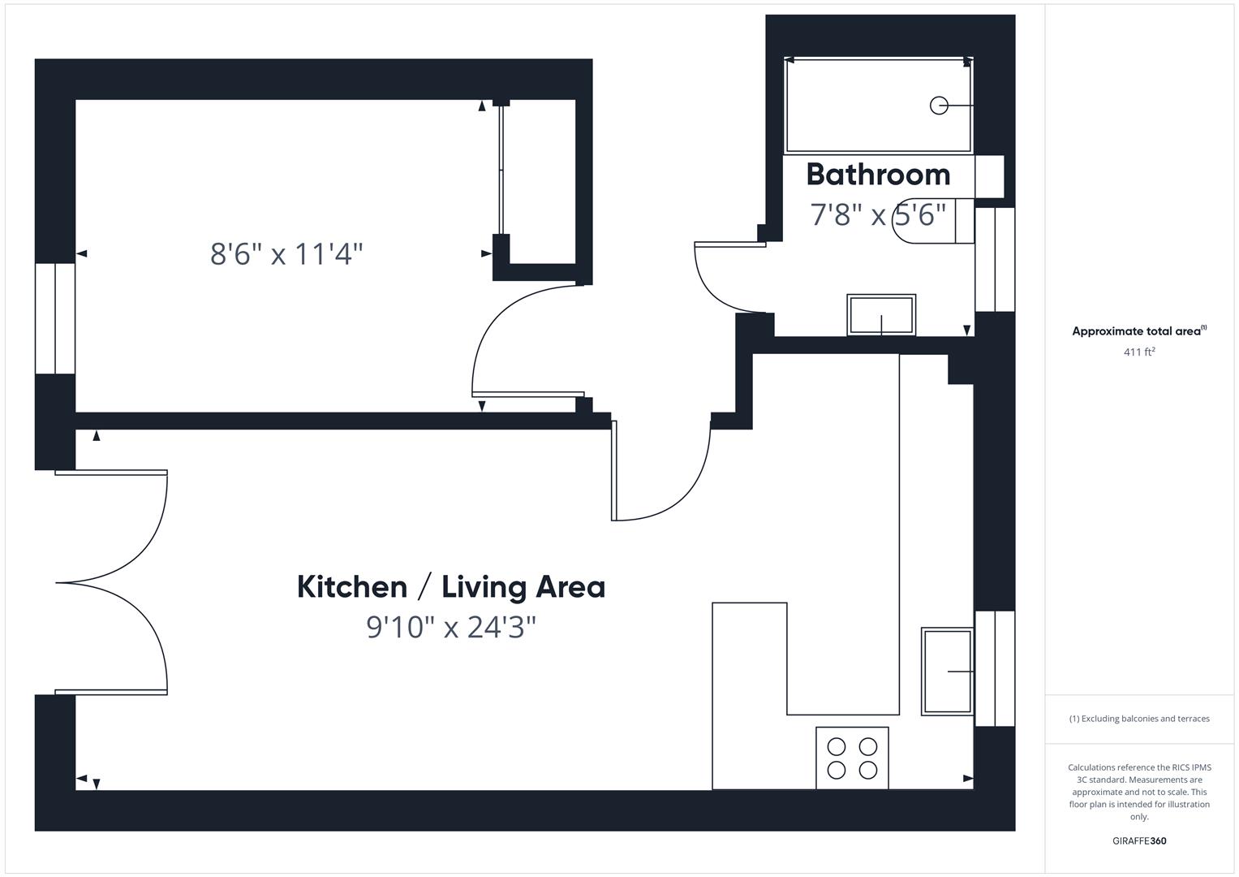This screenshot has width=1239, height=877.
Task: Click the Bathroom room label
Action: point(878,175)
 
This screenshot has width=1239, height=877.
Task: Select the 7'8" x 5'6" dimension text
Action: point(878,215)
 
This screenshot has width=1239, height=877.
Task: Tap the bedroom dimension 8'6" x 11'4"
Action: point(286,254)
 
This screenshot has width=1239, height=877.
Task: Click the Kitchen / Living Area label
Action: point(451,587)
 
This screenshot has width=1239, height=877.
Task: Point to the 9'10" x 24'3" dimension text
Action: point(451,628)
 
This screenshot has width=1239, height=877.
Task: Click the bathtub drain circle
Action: point(939,106)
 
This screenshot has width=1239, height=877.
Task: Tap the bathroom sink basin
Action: point(881,315)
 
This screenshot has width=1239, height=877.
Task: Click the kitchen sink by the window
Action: point(947,672)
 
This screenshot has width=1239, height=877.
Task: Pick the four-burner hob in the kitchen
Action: point(852,758)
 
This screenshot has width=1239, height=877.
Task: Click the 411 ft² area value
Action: point(1139,352)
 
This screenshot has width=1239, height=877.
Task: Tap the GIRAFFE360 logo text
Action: point(1139,841)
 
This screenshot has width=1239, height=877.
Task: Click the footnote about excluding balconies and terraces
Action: point(1139,719)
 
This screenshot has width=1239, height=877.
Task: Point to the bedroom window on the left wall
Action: point(55,318)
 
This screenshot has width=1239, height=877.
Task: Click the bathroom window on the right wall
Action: point(994,260)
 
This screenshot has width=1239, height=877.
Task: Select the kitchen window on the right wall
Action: point(994,668)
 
